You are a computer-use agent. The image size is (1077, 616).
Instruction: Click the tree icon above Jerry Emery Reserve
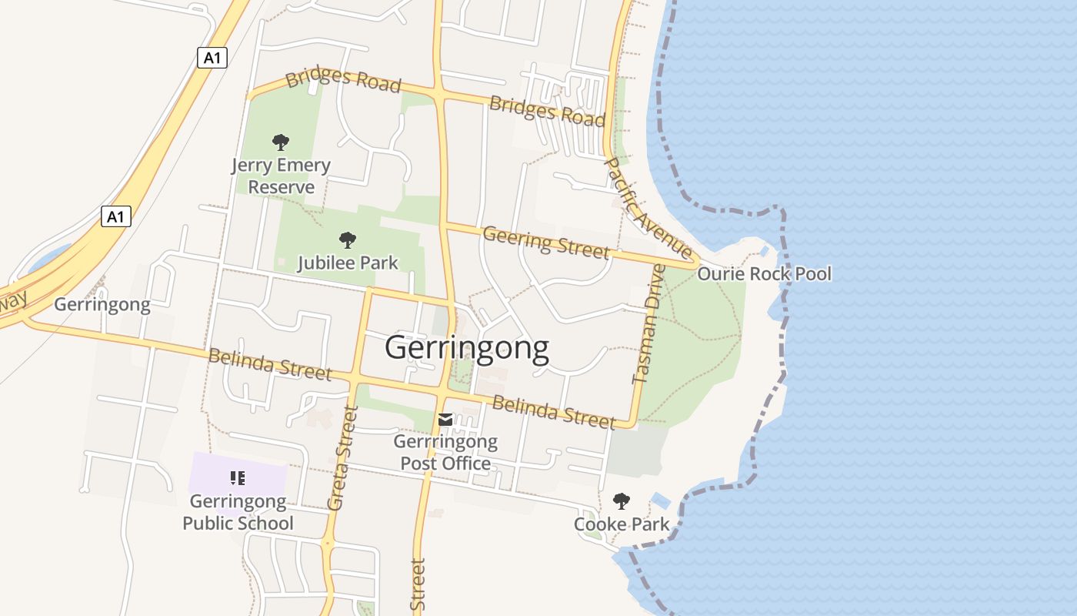[x=281, y=142]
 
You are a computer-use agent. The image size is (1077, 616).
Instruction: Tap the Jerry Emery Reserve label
[x=281, y=176]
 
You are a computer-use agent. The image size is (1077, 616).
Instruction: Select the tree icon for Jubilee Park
[x=348, y=239]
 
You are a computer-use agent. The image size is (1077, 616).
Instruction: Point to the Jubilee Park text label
[x=348, y=263]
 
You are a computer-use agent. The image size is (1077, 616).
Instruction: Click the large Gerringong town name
[x=467, y=348]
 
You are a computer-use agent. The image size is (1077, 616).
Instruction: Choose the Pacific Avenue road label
[x=649, y=207]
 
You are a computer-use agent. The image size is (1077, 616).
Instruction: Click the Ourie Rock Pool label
[x=764, y=274]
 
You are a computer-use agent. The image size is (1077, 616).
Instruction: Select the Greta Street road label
[x=343, y=458]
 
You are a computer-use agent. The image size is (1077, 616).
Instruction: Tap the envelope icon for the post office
[x=445, y=420]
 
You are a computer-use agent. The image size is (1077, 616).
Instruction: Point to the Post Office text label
[x=445, y=453]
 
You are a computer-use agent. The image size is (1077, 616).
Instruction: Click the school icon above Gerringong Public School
[x=238, y=478]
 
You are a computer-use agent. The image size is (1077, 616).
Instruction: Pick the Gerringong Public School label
[x=238, y=512]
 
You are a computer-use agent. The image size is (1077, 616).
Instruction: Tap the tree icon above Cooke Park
[x=621, y=501]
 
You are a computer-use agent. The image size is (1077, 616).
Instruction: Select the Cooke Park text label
[x=621, y=525]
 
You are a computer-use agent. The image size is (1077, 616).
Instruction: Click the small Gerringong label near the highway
[x=102, y=305]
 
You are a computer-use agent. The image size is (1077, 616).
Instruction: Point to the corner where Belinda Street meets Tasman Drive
[x=632, y=423]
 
